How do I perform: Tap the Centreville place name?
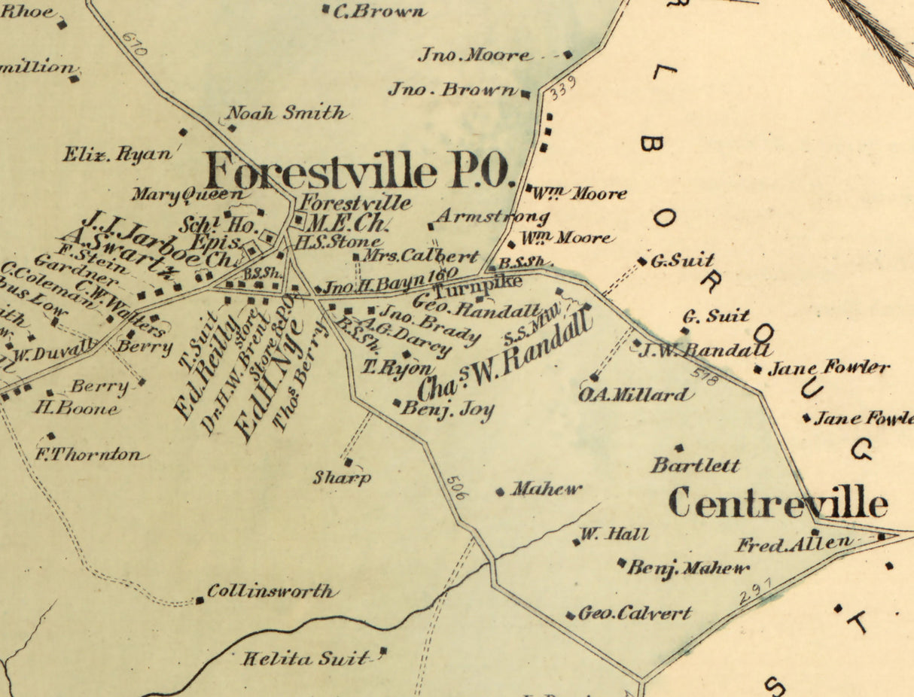pyautogui.click(x=778, y=503)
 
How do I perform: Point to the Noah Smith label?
pyautogui.click(x=286, y=114)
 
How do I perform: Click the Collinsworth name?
pyautogui.click(x=270, y=592)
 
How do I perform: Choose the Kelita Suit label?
pyautogui.click(x=306, y=659)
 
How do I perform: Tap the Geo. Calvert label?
pyautogui.click(x=634, y=613)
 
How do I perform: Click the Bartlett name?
pyautogui.click(x=696, y=465)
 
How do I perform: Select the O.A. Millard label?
pyautogui.click(x=634, y=395)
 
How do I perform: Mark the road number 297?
pyautogui.click(x=757, y=592)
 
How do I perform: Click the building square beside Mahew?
pyautogui.click(x=500, y=492)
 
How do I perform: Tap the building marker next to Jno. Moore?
pyautogui.click(x=568, y=54)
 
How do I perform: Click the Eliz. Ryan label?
pyautogui.click(x=117, y=155)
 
